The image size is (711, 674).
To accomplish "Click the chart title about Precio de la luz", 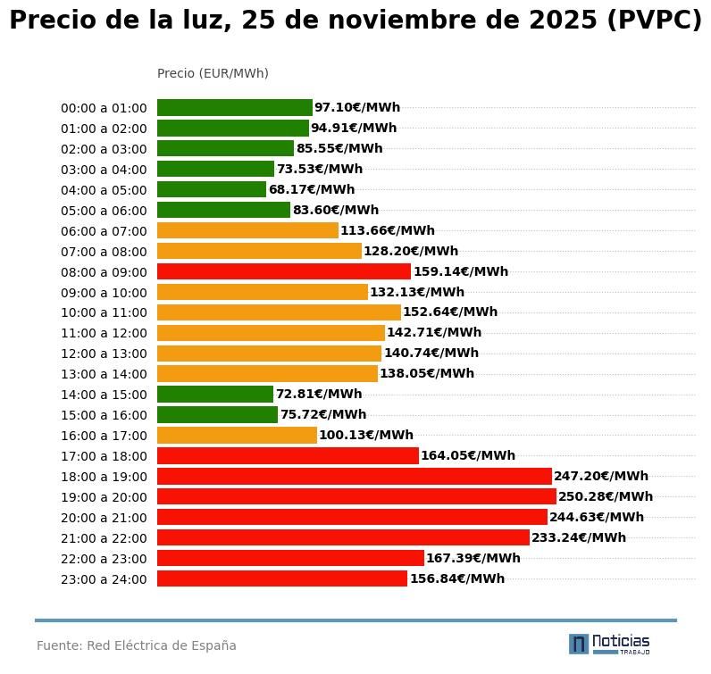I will coord(355,21).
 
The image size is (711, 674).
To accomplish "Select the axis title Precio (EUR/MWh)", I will coord(213,73).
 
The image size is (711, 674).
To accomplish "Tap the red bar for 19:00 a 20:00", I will coord(356,496).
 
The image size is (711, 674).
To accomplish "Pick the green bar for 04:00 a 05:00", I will coord(212,189).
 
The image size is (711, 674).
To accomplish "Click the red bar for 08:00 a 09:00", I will coord(284,271).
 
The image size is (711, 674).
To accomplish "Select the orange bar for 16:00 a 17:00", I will coord(237,435).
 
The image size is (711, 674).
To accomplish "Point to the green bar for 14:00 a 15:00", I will coord(215,394).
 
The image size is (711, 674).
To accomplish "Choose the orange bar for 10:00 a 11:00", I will coord(279,312).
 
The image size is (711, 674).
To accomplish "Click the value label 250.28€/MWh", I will coord(606,496).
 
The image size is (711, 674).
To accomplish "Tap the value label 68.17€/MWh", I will coord(312,189).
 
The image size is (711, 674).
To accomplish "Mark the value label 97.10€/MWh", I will coord(357,107).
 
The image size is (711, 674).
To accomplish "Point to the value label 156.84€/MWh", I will coord(457,578).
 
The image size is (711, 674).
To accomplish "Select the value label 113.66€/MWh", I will coord(388,230).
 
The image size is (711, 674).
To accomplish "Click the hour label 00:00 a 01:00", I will coord(104,108).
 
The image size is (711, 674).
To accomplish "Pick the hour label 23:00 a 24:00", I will coord(104,579).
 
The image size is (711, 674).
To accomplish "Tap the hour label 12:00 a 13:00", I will coord(104,354).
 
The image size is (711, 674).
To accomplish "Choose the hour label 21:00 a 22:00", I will coord(104,538).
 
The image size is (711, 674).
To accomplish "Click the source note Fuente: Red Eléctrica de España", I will coord(137,645).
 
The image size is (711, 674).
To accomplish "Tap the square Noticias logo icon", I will coord(579,644).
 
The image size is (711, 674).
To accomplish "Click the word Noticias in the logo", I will coord(621,641).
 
